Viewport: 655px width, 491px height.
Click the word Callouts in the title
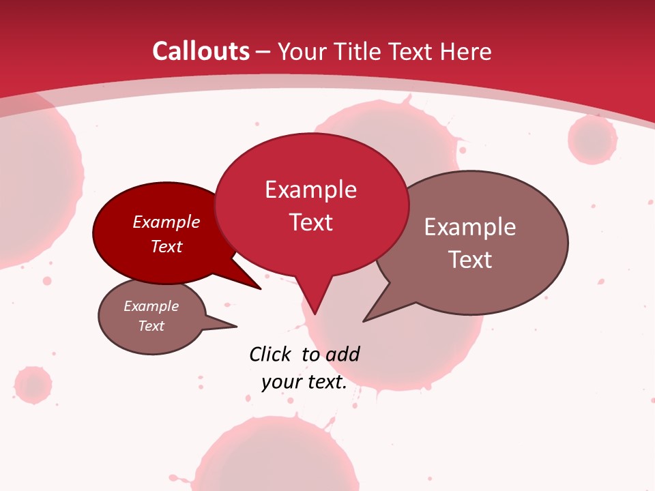point(201,51)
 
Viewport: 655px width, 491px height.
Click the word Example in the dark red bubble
point(166,222)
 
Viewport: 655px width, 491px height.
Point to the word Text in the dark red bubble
point(166,246)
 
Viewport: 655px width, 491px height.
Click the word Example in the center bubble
point(310,190)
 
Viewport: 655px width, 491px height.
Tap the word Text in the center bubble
point(310,222)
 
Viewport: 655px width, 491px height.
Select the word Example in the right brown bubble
point(470,227)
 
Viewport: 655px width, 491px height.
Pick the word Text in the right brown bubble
point(470,260)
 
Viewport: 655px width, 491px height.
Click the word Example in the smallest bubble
point(151,306)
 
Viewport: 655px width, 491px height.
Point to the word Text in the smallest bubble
point(151,326)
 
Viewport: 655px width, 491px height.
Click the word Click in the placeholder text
point(270,354)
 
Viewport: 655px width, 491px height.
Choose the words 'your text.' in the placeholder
point(304,383)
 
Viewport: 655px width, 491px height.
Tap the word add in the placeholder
point(343,354)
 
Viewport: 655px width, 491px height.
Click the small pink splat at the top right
point(592,139)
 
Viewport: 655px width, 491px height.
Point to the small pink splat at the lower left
point(33,385)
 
